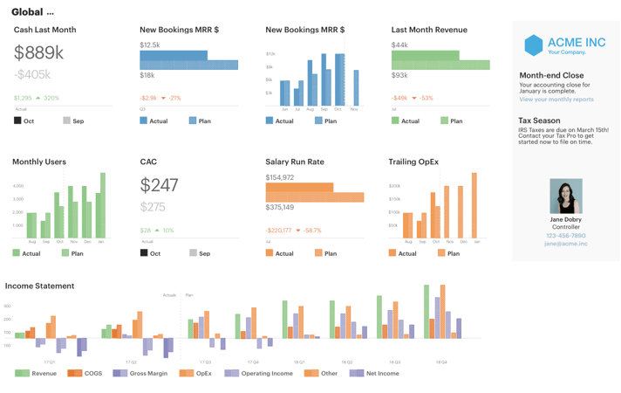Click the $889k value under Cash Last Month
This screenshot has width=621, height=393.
click(x=38, y=53)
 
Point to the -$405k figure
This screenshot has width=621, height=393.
click(x=32, y=75)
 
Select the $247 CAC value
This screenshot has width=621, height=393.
click(x=159, y=185)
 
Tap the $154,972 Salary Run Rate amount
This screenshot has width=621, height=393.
click(x=280, y=177)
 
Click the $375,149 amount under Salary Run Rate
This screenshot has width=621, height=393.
click(x=280, y=208)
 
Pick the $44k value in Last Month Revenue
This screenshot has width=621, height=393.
click(x=399, y=45)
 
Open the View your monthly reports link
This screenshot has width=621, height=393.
click(x=556, y=100)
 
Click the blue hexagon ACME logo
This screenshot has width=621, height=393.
click(x=533, y=45)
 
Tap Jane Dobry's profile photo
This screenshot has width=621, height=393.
click(x=565, y=196)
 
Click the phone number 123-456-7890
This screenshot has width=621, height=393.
click(x=565, y=236)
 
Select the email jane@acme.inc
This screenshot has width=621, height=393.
click(x=565, y=244)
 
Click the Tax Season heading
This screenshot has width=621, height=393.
click(x=539, y=121)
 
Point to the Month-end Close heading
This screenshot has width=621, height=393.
click(x=551, y=75)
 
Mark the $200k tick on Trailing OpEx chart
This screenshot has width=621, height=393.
click(x=394, y=186)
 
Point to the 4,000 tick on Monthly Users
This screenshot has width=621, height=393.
click(x=17, y=186)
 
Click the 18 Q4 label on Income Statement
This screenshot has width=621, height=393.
click(x=441, y=362)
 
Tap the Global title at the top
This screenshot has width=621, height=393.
click(x=32, y=12)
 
